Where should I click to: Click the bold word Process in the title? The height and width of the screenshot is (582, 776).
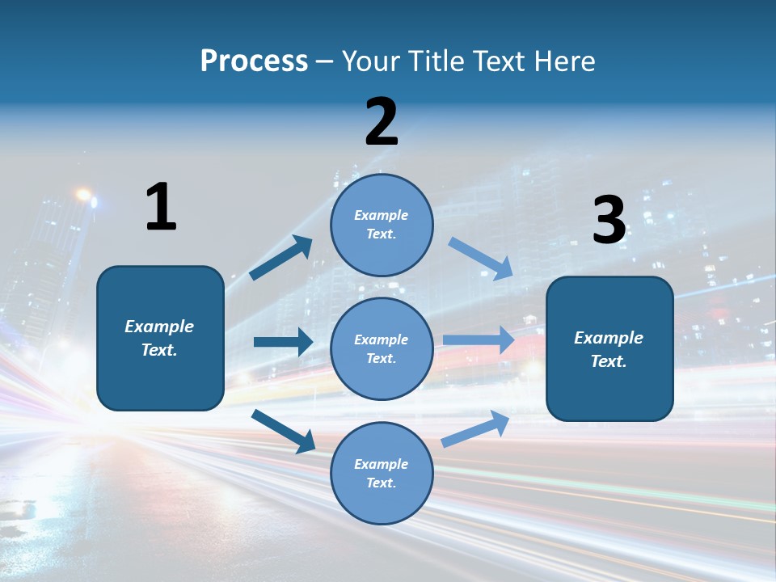tap(254, 61)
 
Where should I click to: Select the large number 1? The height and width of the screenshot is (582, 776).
tap(161, 207)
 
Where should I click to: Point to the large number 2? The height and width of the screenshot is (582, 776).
tap(382, 122)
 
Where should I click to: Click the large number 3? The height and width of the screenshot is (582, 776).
tap(609, 220)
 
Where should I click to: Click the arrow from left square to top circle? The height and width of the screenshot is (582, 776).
tap(281, 258)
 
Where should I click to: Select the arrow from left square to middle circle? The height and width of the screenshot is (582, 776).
tap(283, 342)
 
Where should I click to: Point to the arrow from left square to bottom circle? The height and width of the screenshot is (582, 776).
tap(284, 431)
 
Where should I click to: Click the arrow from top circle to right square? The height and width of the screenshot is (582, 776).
tap(480, 259)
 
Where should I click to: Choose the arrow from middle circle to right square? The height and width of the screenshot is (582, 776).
tap(479, 340)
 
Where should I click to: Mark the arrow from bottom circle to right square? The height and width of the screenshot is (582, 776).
tap(475, 428)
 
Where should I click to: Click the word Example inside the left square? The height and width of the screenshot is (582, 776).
tap(159, 327)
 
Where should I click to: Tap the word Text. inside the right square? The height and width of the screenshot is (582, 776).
tap(609, 361)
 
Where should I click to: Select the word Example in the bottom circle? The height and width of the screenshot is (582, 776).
tap(381, 464)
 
